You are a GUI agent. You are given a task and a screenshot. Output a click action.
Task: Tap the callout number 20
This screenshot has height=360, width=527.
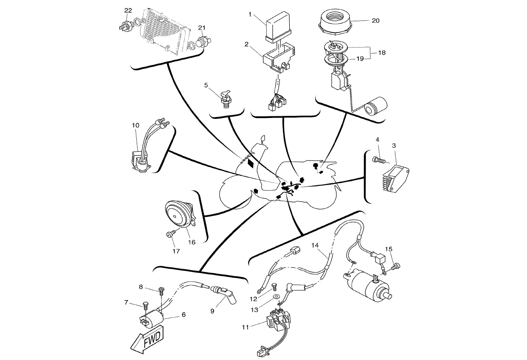376,20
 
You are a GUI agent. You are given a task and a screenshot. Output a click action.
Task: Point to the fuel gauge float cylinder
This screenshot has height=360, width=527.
377,106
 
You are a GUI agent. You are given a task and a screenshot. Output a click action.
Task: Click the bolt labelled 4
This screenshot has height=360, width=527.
378,160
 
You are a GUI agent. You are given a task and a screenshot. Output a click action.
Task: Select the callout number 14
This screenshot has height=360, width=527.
315,245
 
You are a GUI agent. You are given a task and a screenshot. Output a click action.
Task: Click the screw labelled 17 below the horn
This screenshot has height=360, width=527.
169,234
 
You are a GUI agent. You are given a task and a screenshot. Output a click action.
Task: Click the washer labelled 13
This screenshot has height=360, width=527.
276,295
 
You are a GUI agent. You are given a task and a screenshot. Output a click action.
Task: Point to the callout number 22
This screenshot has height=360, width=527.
128,10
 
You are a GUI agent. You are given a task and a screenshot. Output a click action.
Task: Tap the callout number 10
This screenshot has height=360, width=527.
135,126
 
